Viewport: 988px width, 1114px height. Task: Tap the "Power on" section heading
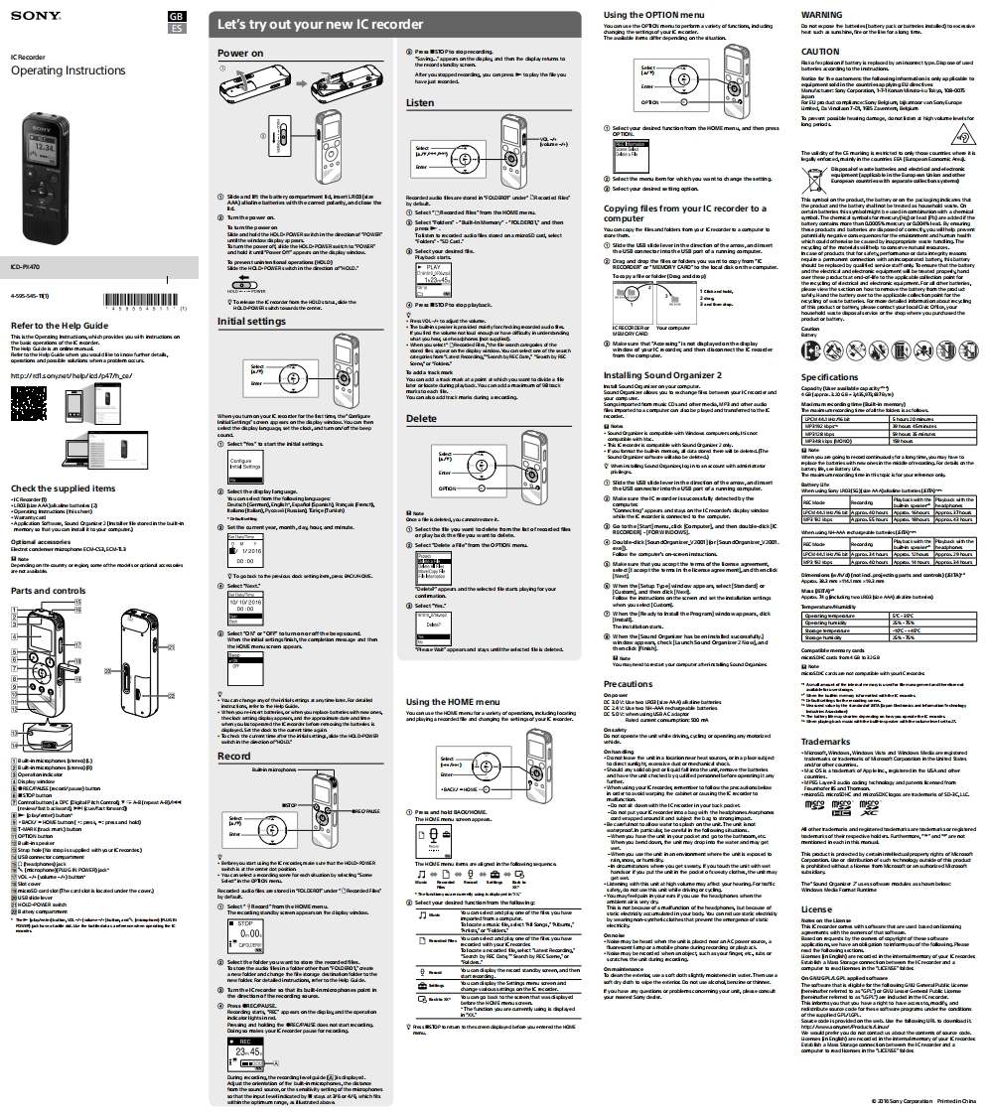point(240,53)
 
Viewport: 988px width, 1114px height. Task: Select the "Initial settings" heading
point(251,322)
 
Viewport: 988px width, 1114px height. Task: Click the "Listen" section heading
point(420,102)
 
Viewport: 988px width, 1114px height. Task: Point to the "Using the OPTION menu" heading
point(654,15)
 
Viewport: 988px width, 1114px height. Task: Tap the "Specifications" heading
point(829,349)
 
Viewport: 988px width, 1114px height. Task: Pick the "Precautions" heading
point(628,684)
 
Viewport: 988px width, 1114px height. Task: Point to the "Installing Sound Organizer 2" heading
point(662,374)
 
